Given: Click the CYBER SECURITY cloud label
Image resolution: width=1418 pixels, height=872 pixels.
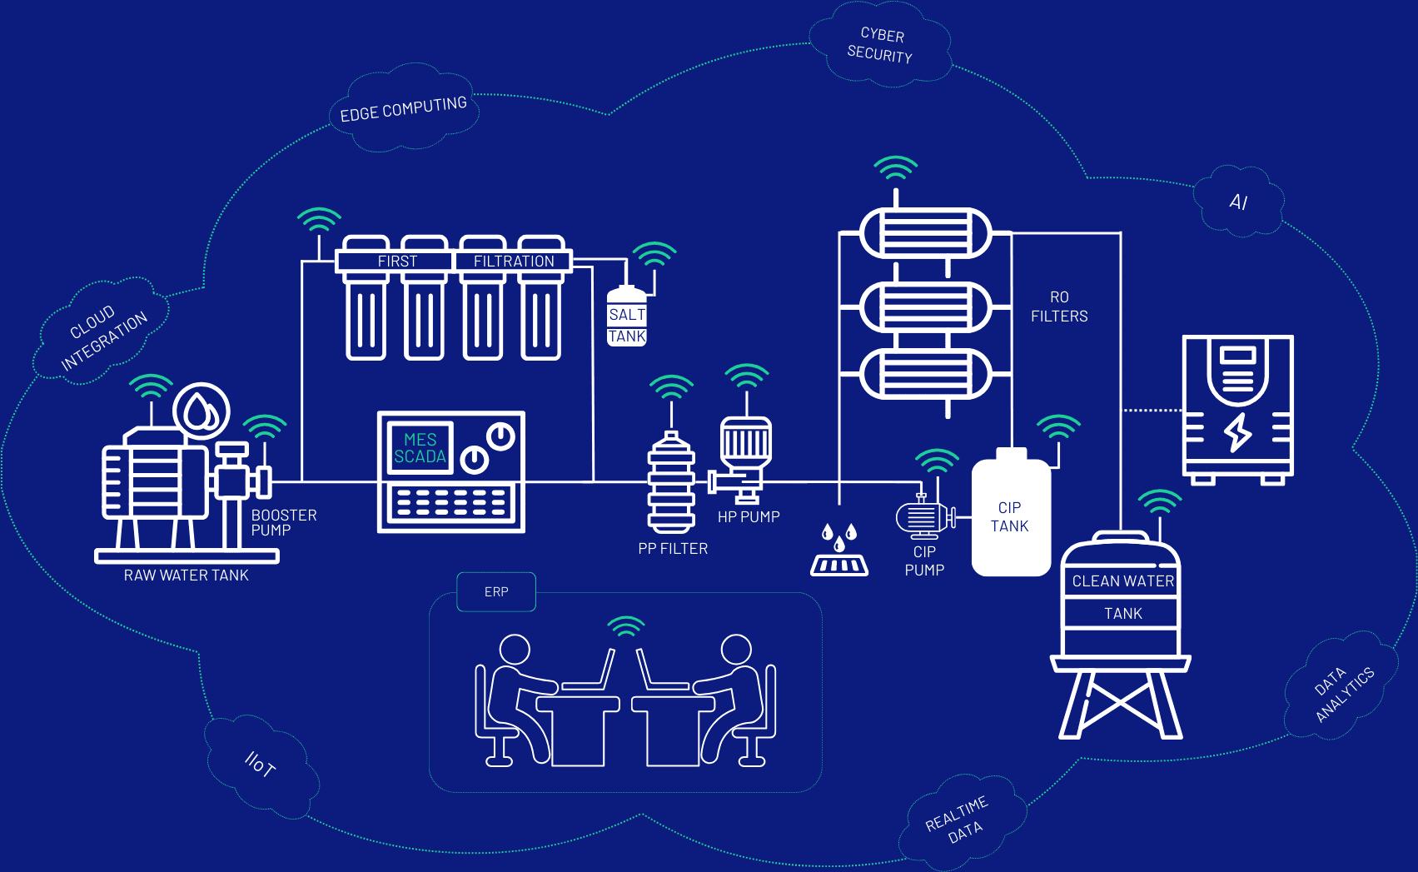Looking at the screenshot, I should tap(880, 45).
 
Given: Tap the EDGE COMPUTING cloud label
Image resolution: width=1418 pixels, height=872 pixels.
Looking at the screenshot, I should tap(404, 109).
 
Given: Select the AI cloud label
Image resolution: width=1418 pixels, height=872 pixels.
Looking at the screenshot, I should tap(1238, 202).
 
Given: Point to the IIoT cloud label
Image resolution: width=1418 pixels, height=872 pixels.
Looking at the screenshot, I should tap(260, 764).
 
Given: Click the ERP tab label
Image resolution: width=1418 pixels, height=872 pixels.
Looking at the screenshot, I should tap(496, 592).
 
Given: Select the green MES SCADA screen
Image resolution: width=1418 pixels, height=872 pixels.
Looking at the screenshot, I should tap(420, 448).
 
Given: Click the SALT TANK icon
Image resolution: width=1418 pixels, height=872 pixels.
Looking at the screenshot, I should tap(627, 317).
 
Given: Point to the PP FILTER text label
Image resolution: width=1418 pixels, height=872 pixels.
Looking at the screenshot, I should tap(673, 549).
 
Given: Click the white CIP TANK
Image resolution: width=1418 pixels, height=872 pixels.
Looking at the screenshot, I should tap(1011, 516).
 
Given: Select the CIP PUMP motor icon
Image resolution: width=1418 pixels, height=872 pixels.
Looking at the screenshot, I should tap(924, 517).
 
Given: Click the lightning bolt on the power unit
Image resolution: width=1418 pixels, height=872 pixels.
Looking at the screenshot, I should tap(1238, 431).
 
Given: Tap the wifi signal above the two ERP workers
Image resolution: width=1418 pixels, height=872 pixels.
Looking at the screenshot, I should tap(626, 625).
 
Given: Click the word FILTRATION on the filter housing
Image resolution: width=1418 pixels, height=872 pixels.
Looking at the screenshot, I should tap(514, 262).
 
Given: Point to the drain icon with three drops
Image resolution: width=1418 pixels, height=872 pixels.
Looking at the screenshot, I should tap(839, 551).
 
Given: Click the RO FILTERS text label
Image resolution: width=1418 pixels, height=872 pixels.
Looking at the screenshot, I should tap(1059, 306).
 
